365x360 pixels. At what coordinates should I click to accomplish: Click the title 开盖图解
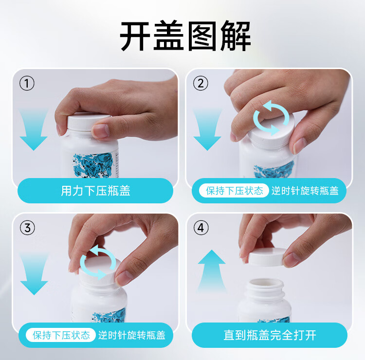click(185, 36)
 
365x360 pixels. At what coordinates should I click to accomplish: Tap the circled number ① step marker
click(27, 83)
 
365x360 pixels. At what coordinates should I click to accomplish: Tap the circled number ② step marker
click(201, 83)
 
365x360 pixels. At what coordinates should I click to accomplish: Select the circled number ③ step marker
click(27, 228)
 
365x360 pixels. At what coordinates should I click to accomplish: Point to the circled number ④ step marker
click(201, 228)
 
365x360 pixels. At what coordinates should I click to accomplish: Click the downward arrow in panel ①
click(34, 130)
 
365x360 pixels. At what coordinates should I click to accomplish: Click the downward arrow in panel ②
click(207, 130)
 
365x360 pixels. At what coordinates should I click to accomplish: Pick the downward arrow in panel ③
click(34, 274)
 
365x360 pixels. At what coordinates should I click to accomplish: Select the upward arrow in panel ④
click(212, 270)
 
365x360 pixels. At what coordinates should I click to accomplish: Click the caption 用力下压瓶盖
click(95, 191)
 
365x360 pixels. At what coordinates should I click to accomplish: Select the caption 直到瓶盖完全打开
click(270, 335)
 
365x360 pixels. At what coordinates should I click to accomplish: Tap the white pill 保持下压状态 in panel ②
click(234, 191)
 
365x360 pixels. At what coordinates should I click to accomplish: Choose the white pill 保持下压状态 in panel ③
click(61, 335)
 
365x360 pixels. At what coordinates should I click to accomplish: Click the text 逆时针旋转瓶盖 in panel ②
click(305, 191)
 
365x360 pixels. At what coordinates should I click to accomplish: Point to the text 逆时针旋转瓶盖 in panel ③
click(132, 335)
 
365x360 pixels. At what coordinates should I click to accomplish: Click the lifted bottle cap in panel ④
click(268, 256)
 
